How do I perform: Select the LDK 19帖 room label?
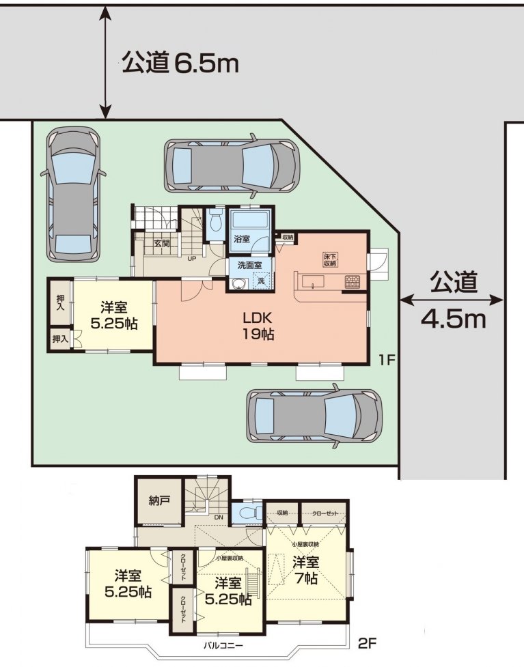point(258,326)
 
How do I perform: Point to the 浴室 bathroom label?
point(242,240)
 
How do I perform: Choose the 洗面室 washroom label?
point(247,265)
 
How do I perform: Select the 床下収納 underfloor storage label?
point(330,259)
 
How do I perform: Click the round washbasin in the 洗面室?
point(238,283)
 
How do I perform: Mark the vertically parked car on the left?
point(74,193)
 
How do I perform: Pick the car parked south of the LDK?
point(314,416)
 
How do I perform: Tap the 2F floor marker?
point(368,643)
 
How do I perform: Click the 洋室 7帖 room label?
point(306,570)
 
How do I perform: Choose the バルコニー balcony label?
point(223,645)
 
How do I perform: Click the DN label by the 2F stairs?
point(219,517)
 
